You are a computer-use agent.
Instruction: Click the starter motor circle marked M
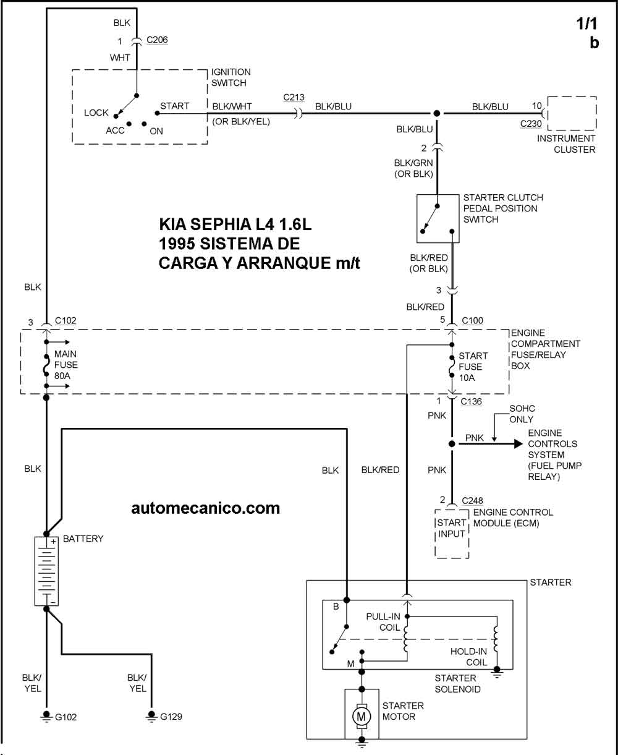(362, 716)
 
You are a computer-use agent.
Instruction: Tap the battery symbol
(46, 571)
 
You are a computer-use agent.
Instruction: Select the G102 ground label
(66, 717)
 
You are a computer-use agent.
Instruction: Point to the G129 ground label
(171, 717)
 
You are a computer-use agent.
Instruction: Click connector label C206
(157, 40)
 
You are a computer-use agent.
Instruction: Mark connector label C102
(66, 320)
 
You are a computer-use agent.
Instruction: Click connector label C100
(472, 320)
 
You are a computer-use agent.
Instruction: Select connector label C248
(472, 500)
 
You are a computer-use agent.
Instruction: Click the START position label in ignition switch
(175, 106)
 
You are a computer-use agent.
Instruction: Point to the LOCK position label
(96, 113)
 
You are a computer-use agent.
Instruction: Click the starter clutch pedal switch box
(438, 218)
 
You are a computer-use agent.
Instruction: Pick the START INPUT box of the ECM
(452, 529)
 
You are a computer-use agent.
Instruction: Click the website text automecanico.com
(206, 508)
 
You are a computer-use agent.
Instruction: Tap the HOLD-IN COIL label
(468, 656)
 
